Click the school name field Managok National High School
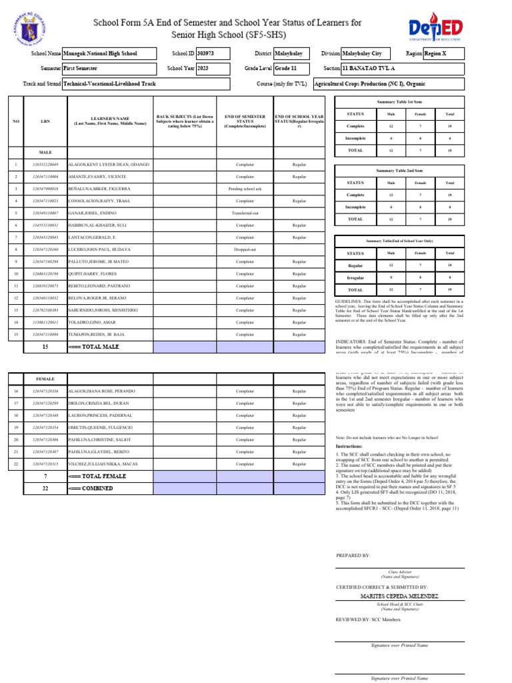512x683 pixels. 109,53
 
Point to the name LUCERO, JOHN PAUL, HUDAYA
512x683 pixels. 99,249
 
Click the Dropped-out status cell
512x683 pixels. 245,249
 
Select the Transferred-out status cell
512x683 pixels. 245,213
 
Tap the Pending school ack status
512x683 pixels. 245,189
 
